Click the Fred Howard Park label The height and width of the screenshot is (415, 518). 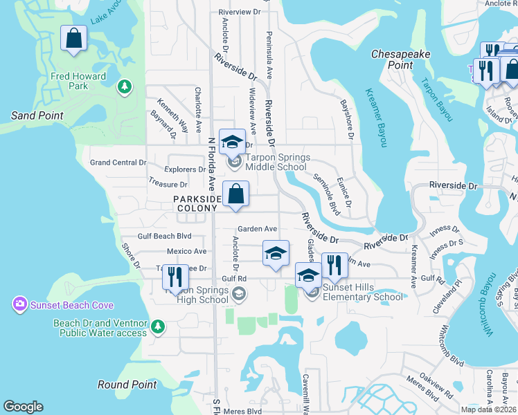click(x=78, y=81)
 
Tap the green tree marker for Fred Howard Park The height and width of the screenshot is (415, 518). click(x=124, y=86)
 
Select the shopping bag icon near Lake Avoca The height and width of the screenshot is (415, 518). click(x=74, y=39)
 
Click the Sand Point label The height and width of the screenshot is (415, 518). click(x=37, y=116)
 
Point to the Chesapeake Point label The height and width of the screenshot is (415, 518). click(x=401, y=59)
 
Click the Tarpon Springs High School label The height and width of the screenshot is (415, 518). click(x=197, y=295)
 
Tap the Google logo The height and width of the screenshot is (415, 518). click(x=23, y=407)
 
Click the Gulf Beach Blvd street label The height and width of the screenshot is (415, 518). click(x=164, y=236)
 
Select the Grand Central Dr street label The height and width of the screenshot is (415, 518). click(x=118, y=163)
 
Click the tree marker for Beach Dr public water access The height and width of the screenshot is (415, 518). click(x=158, y=326)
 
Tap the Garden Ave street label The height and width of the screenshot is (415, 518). click(x=257, y=229)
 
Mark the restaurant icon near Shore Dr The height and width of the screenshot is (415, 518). click(x=175, y=277)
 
